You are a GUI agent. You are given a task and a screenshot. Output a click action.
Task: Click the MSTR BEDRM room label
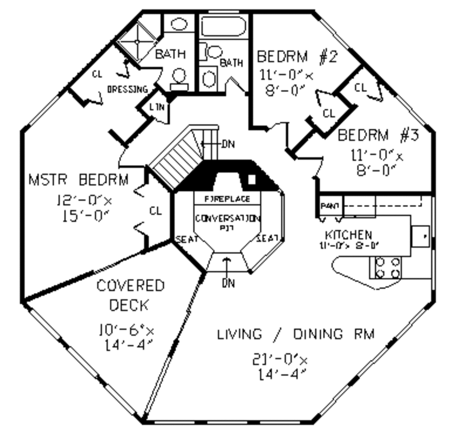(79, 180)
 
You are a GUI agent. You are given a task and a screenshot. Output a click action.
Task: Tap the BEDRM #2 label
(297, 57)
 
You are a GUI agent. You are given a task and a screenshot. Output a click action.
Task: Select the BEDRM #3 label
(378, 135)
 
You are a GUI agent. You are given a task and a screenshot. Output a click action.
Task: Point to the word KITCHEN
(348, 235)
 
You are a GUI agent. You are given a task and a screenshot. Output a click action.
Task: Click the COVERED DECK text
(130, 295)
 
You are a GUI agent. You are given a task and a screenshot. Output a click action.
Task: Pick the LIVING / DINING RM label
(296, 334)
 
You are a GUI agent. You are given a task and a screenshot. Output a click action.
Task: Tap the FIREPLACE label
(227, 199)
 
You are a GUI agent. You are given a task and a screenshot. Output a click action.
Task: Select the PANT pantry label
(329, 205)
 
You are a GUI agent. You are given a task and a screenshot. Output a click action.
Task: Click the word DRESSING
(127, 89)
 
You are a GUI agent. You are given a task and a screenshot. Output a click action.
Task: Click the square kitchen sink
(420, 236)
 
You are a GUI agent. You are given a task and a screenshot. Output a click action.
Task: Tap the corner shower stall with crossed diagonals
(136, 42)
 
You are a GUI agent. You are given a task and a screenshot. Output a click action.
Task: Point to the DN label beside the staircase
(228, 144)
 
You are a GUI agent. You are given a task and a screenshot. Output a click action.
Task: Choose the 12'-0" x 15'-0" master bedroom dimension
(84, 208)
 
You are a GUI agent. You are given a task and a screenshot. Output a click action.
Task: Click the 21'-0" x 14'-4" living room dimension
(280, 366)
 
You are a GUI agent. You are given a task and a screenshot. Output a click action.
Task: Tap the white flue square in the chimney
(252, 179)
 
